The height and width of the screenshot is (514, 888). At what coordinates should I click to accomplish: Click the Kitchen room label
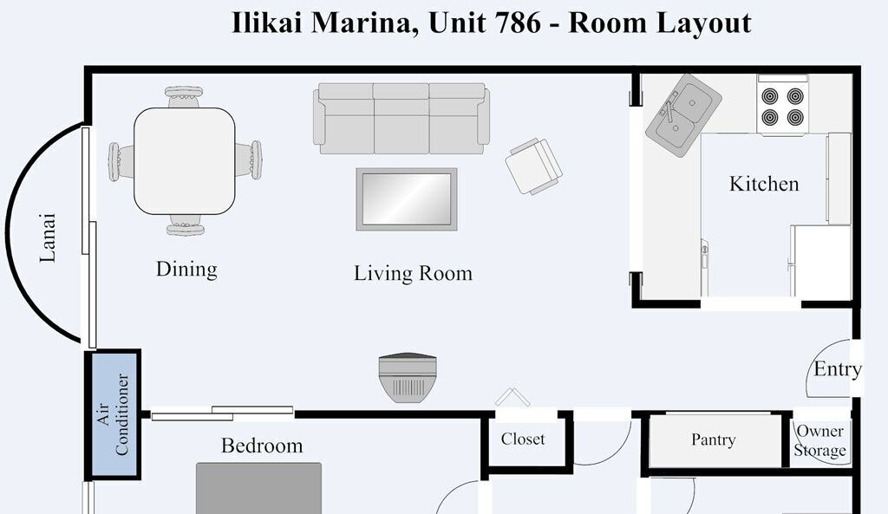click(764, 184)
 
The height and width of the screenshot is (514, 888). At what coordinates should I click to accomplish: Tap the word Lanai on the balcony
click(49, 237)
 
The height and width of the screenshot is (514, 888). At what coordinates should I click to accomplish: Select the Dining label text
click(187, 270)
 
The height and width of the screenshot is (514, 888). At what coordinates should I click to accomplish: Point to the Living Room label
click(414, 273)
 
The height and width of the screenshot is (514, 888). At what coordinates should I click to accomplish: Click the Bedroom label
click(262, 446)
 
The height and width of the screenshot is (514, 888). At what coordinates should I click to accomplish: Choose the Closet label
click(523, 439)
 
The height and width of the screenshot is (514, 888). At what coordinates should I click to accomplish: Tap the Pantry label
click(714, 439)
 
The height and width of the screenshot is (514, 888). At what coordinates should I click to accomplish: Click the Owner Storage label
click(820, 440)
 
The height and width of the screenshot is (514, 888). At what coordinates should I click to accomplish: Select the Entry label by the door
click(838, 369)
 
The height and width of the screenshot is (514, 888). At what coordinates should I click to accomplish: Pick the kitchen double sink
click(683, 115)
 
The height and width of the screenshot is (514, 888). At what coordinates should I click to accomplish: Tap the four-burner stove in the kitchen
click(783, 105)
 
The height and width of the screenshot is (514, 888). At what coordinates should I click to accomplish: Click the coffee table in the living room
click(407, 199)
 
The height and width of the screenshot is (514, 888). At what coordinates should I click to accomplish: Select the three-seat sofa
click(402, 118)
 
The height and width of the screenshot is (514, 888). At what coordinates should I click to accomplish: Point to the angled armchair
click(533, 166)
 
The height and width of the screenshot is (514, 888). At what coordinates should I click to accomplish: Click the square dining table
click(185, 161)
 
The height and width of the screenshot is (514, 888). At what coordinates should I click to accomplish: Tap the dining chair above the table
click(184, 96)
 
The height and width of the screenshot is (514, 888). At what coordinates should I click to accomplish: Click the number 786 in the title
click(517, 23)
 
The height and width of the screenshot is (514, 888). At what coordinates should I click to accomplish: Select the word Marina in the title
click(363, 23)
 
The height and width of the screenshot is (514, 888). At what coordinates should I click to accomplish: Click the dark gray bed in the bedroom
click(258, 488)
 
